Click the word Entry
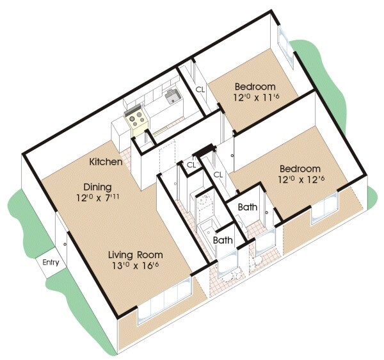pyautogui.click(x=51, y=263)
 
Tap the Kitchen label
pyautogui.click(x=106, y=162)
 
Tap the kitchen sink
pyautogui.click(x=172, y=97)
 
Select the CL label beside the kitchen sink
pyautogui.click(x=200, y=90)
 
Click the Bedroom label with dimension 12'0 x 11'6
pyautogui.click(x=255, y=87)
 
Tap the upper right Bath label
pyautogui.click(x=248, y=208)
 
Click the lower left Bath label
pyautogui.click(x=223, y=241)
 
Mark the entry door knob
pyautogui.click(x=65, y=244)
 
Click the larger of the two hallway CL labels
pyautogui.click(x=218, y=174)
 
